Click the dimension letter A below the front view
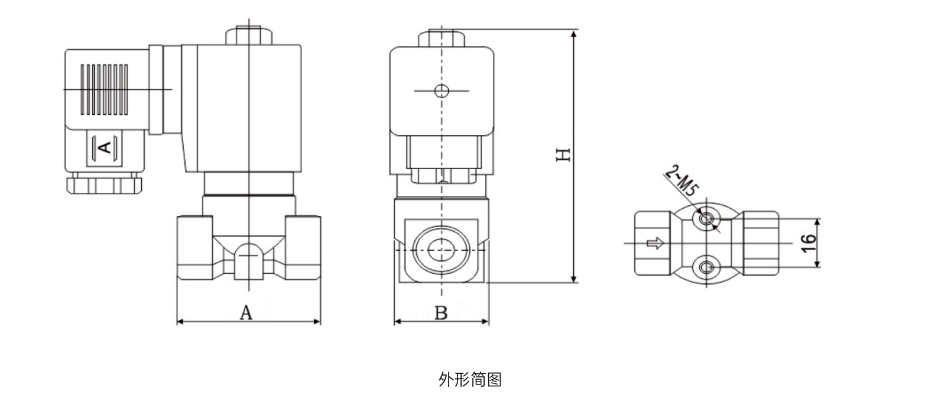pos(246,313)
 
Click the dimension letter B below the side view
pos(441,313)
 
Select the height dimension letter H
pos(563,154)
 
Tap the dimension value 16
pos(809,243)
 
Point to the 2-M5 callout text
pos(682,180)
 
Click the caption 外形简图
pos(470,379)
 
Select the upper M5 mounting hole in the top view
pos(706,219)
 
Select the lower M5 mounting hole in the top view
pos(706,267)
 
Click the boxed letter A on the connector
pos(104,147)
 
